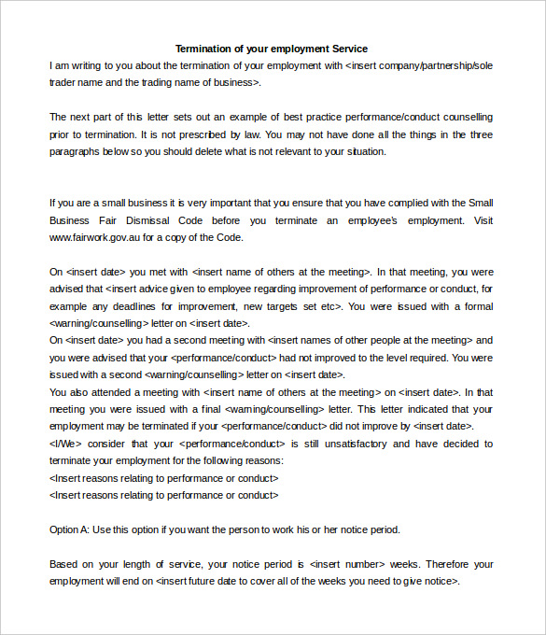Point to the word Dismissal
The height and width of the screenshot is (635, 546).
(x=139, y=220)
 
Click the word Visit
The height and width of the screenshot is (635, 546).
(x=483, y=220)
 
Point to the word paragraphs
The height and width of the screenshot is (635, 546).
(x=77, y=151)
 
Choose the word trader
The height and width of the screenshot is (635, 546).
(x=63, y=82)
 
